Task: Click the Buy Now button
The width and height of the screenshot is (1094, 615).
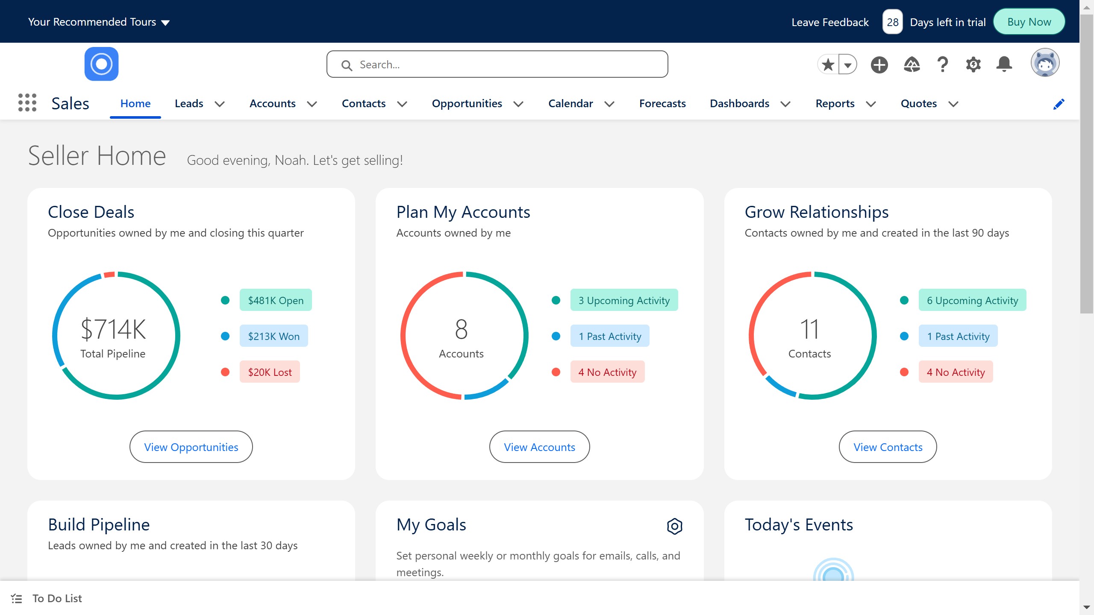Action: click(x=1029, y=22)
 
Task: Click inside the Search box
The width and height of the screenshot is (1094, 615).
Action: click(x=497, y=64)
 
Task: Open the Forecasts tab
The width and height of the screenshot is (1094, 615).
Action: click(x=662, y=104)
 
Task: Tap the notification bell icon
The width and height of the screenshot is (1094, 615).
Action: click(x=1004, y=64)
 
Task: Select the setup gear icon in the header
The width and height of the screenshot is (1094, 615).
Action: click(x=973, y=64)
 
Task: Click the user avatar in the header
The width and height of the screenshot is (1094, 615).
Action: click(x=1044, y=63)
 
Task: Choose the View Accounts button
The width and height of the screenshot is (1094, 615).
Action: click(x=539, y=447)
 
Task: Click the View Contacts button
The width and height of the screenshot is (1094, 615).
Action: click(x=888, y=447)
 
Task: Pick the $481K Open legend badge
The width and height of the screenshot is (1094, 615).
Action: click(x=276, y=300)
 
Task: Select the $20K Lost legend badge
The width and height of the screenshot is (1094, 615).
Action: click(x=270, y=372)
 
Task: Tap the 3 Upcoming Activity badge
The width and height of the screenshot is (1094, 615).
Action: click(x=624, y=300)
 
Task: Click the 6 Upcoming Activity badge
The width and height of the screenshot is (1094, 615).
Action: click(x=972, y=300)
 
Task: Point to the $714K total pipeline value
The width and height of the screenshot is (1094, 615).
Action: click(x=113, y=329)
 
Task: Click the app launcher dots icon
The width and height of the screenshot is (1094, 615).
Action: click(x=27, y=103)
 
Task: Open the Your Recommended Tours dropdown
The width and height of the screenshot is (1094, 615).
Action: click(x=99, y=22)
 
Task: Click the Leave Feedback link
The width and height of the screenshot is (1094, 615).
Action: click(x=830, y=22)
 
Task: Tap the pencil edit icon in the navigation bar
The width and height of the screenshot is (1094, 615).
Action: click(x=1059, y=104)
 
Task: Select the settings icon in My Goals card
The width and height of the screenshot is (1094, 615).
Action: click(x=674, y=526)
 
